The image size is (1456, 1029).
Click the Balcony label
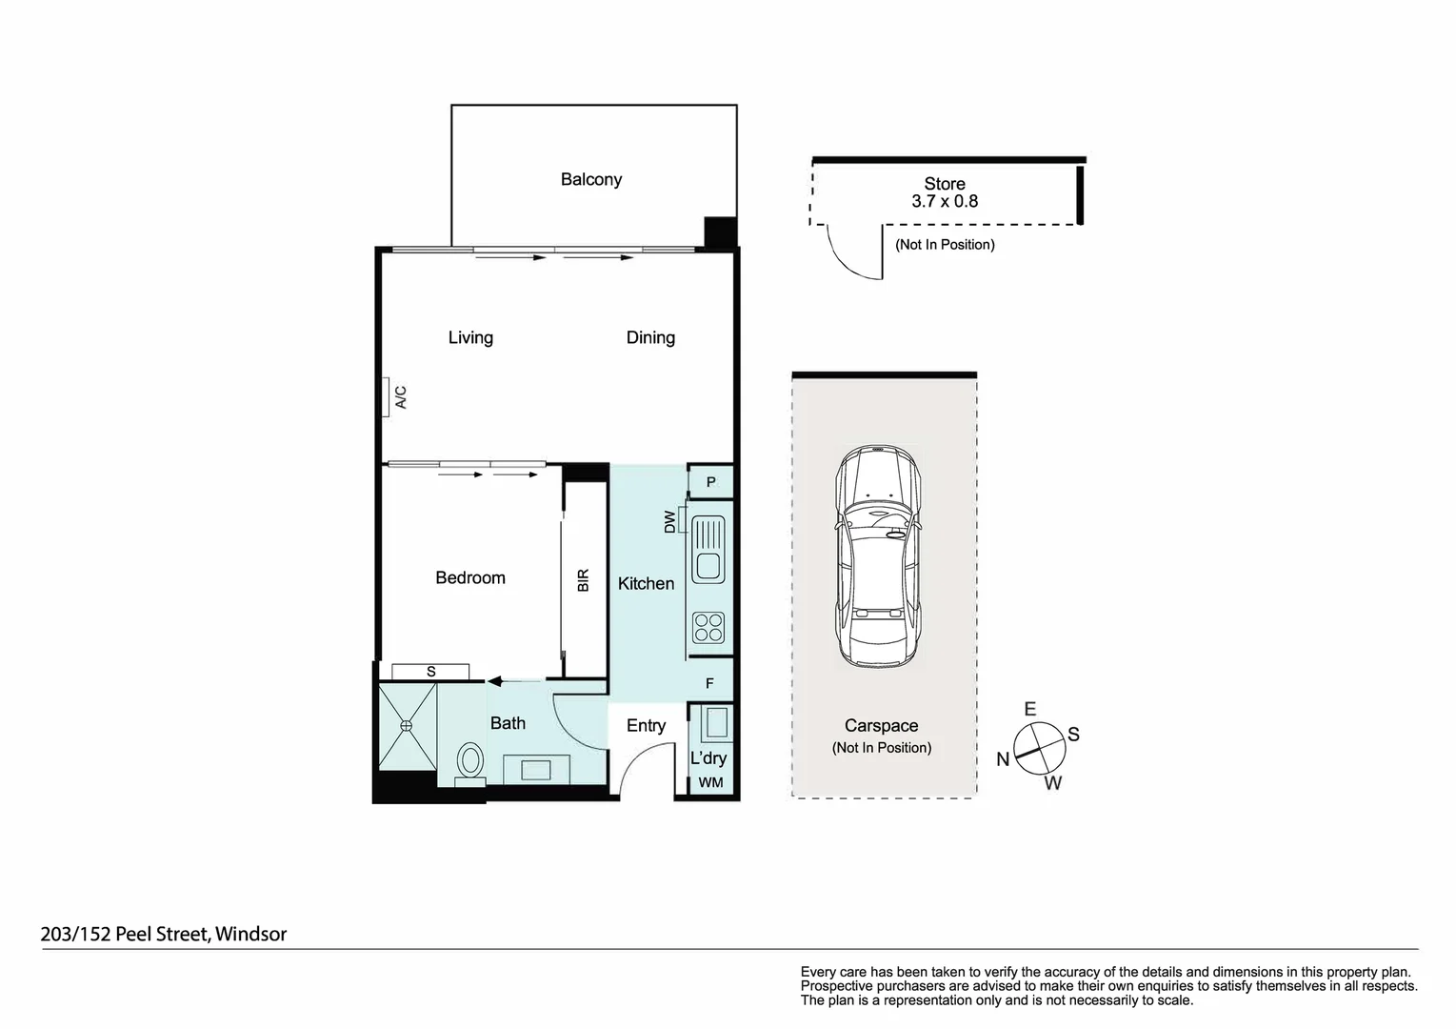(590, 179)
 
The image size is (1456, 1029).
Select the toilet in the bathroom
(470, 762)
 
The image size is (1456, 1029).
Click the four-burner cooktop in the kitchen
(708, 627)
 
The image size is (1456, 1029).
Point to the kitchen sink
(708, 550)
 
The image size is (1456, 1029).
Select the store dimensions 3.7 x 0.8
(944, 201)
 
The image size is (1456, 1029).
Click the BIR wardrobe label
(584, 580)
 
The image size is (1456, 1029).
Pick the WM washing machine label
(710, 782)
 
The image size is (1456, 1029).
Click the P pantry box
(710, 482)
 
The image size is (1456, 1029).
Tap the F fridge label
(709, 683)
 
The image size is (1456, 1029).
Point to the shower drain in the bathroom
(407, 725)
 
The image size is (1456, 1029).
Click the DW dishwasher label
(670, 522)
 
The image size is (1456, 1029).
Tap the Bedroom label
(469, 577)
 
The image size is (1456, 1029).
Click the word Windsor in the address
(250, 934)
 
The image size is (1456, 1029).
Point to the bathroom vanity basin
(536, 770)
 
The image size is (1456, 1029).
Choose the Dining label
(650, 337)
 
